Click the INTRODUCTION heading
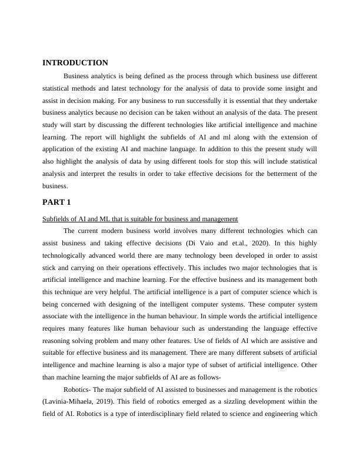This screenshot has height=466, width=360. point(75,63)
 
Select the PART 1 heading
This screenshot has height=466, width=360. point(56,202)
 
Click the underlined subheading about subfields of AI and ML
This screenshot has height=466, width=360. point(140,219)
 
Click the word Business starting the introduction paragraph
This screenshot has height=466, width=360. point(78,76)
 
